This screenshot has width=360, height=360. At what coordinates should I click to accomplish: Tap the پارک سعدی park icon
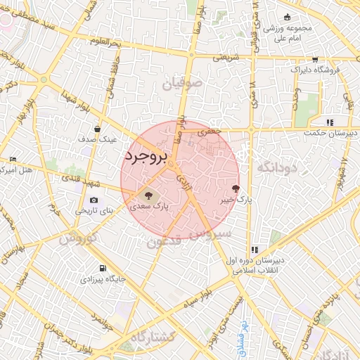click(148, 194)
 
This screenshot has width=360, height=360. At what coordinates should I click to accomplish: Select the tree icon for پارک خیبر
click(235, 188)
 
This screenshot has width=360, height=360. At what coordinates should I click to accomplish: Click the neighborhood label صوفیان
click(183, 84)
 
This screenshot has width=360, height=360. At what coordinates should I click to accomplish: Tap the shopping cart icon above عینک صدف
click(97, 129)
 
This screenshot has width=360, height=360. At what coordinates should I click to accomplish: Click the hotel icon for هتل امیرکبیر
click(13, 160)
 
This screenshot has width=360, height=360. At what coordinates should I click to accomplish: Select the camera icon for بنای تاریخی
click(94, 200)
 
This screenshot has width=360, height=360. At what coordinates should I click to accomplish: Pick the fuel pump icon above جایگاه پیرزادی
click(103, 269)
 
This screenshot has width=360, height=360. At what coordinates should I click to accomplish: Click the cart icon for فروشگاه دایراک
click(314, 60)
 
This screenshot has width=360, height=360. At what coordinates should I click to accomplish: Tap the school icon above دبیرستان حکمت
click(330, 122)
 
